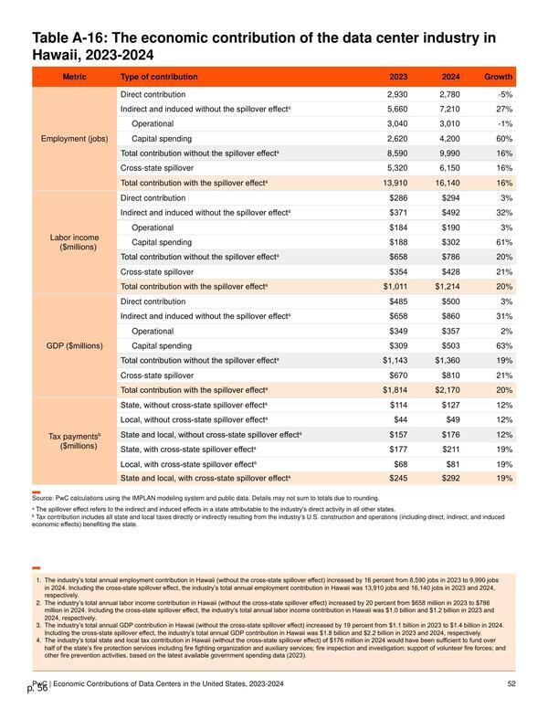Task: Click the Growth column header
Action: click(x=499, y=77)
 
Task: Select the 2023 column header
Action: click(x=398, y=77)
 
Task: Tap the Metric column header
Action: click(x=74, y=77)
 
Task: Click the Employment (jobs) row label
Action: click(x=75, y=139)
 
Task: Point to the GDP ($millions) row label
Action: click(x=75, y=346)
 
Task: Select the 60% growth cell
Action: click(x=504, y=139)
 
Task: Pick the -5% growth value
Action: click(x=505, y=94)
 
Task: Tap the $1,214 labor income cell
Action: click(x=448, y=287)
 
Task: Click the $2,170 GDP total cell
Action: click(x=448, y=390)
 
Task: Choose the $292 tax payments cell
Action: click(x=451, y=479)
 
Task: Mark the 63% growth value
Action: click(x=504, y=346)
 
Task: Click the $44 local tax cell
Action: click(x=401, y=419)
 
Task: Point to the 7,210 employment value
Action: click(x=450, y=109)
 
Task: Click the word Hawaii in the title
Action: click(x=54, y=55)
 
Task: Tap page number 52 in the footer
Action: click(x=511, y=683)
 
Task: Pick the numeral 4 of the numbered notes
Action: click(x=38, y=640)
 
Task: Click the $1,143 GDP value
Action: click(x=395, y=360)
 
